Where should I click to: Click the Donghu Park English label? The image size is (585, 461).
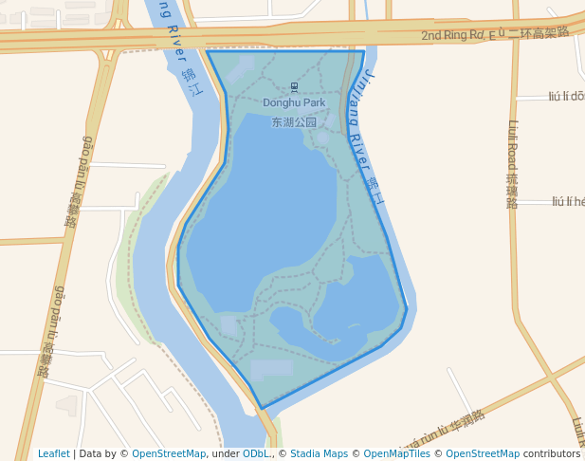(294, 102)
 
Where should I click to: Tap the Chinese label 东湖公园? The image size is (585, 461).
(294, 122)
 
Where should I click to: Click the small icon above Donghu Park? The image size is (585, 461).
(293, 87)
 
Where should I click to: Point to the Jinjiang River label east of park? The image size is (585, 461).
(366, 138)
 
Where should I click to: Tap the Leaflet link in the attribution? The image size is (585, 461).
(53, 453)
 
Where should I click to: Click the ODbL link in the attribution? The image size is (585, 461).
(255, 453)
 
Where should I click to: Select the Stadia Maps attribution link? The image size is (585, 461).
(319, 453)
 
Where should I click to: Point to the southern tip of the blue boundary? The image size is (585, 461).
(262, 409)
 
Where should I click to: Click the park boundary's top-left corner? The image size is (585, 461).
(207, 51)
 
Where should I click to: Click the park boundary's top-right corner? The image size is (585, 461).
(364, 51)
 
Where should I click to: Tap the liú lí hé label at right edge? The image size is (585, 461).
(568, 201)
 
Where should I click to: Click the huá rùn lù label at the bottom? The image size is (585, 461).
(442, 432)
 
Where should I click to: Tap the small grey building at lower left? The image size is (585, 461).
(66, 406)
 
